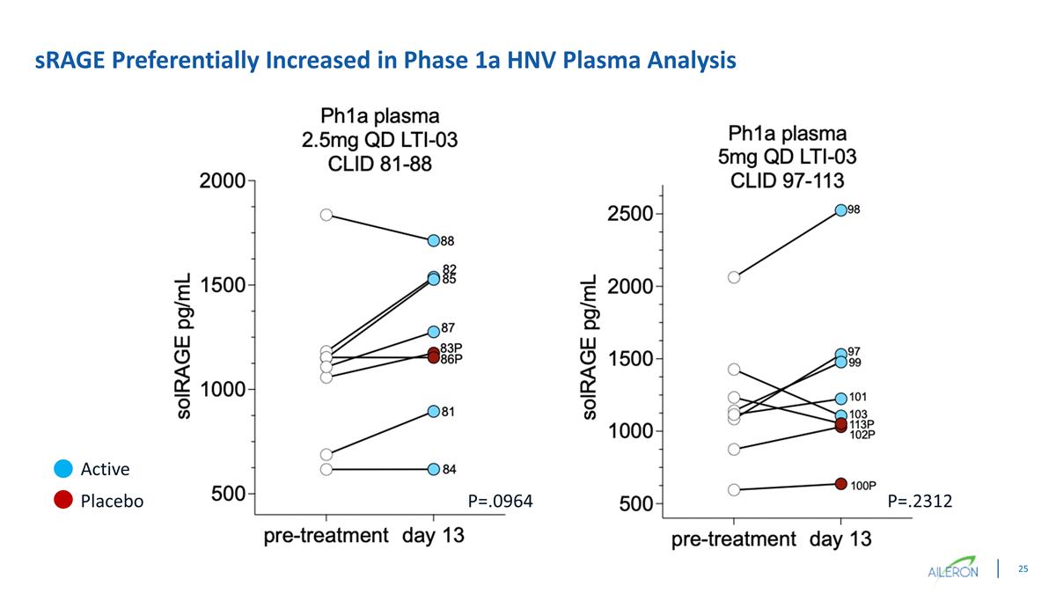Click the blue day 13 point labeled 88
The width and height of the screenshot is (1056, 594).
click(x=433, y=240)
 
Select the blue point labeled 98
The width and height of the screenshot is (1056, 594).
click(x=840, y=210)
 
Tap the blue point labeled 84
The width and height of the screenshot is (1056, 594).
click(x=433, y=469)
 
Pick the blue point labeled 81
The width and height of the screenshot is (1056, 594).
click(x=433, y=411)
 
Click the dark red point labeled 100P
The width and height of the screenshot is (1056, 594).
click(x=840, y=484)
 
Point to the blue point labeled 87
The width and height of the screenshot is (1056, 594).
click(x=433, y=332)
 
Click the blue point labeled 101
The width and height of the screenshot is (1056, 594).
click(x=840, y=399)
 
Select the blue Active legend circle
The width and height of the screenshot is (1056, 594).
click(x=62, y=469)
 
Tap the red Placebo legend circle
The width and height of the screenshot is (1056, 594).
click(x=62, y=501)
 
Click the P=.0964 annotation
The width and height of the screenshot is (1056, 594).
click(x=501, y=502)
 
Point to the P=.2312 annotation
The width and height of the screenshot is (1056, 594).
click(x=920, y=502)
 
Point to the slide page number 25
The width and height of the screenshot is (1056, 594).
click(x=1023, y=569)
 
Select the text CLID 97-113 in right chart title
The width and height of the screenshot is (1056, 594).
click(x=787, y=180)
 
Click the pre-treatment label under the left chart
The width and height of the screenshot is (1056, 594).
click(x=326, y=535)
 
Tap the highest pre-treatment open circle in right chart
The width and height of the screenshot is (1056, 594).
click(x=734, y=277)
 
